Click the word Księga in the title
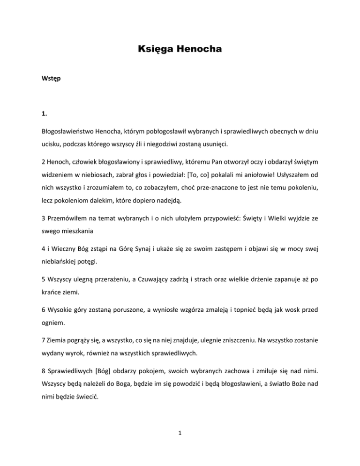[x=154, y=49]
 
